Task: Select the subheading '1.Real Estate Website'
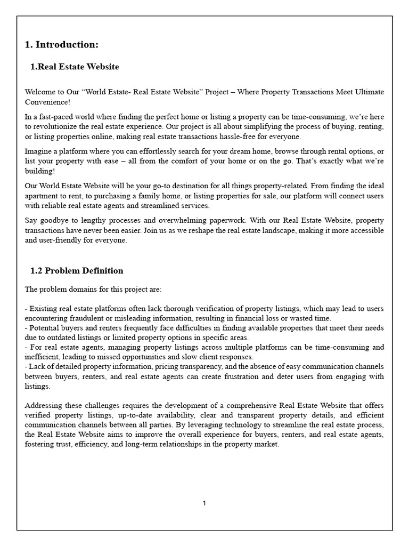click(75, 67)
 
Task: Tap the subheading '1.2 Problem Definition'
click(77, 270)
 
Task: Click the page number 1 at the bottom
click(204, 503)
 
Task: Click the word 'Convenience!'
click(47, 101)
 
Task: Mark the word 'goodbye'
click(56, 220)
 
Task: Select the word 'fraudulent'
click(81, 318)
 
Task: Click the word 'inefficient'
click(43, 357)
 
